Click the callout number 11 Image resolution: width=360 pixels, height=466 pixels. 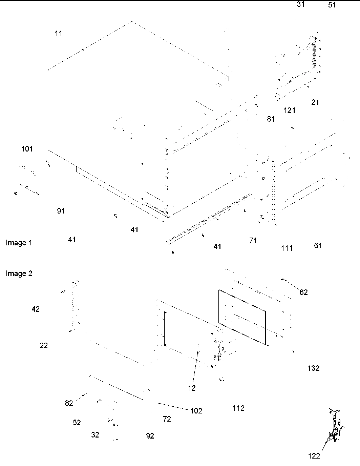coord(59,33)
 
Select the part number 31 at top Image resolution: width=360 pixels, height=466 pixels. coord(300,4)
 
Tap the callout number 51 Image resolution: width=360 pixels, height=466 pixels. coord(332,5)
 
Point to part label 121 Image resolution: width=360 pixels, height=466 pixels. coord(290,110)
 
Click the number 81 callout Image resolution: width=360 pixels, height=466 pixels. coord(271,119)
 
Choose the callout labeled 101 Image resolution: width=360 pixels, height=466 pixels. coord(27,149)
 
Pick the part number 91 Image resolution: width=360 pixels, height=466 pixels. coord(61,211)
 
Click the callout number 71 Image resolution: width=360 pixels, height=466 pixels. coord(253,240)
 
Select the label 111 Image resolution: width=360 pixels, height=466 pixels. coord(287,248)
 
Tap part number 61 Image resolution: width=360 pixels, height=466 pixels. coord(318,245)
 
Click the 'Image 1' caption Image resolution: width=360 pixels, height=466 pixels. coord(19,243)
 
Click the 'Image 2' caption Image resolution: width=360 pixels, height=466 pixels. coord(19,273)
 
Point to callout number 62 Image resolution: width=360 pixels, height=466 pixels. coord(303,292)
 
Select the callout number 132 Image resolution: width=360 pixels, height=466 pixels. coord(313,368)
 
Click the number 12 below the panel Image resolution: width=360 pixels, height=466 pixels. coord(192,388)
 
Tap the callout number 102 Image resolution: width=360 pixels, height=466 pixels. coord(196,411)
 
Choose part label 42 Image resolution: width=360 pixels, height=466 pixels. coord(36,309)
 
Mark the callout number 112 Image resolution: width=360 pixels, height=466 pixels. coord(238,408)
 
